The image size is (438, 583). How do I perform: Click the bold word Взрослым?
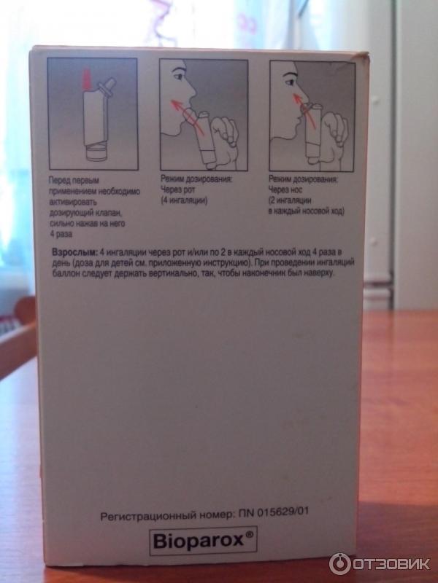[x=74, y=252]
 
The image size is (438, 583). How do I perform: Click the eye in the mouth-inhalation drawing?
[x=179, y=77]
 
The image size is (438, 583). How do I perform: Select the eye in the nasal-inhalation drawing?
[x=288, y=80]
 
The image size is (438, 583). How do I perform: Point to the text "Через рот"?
[x=177, y=189]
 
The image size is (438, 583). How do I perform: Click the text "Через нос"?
[x=285, y=189]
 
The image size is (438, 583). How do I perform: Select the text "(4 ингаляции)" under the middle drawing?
[x=184, y=201]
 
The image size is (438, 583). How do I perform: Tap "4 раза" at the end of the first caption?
[x=61, y=235]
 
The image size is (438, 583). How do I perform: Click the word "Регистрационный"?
[x=142, y=516]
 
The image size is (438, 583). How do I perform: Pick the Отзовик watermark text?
[x=391, y=564]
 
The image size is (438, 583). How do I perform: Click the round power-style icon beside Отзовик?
[x=339, y=564]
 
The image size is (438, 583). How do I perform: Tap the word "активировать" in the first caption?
[x=73, y=203]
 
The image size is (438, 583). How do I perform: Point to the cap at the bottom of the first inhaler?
[x=96, y=153]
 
